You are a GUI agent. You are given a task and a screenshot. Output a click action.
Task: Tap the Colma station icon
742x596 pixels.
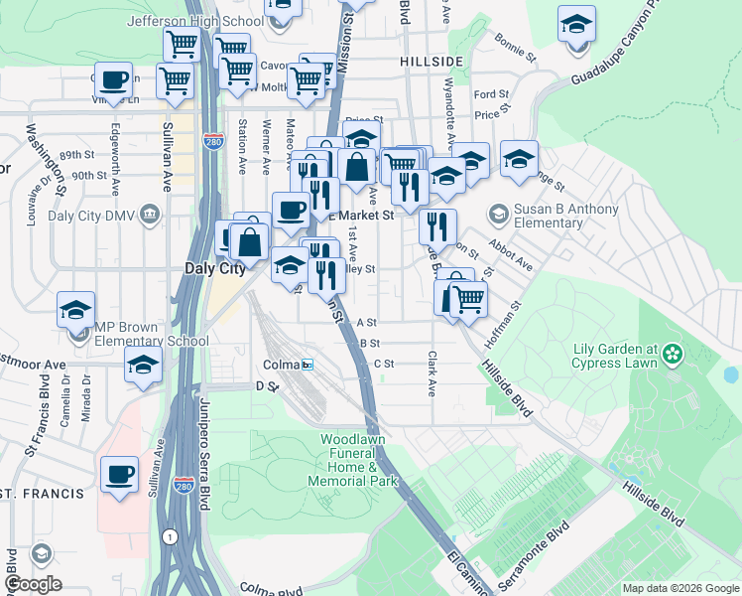[308, 365]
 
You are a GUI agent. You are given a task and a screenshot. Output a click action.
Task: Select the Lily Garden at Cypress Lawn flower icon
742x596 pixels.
[675, 354]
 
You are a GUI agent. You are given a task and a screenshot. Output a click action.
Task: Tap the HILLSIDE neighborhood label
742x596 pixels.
[432, 62]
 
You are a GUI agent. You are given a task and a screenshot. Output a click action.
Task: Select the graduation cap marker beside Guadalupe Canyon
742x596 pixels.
[576, 25]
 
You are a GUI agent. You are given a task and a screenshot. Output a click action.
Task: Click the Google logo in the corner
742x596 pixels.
[33, 583]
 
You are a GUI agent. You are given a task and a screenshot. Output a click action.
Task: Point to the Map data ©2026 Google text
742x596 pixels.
[680, 588]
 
